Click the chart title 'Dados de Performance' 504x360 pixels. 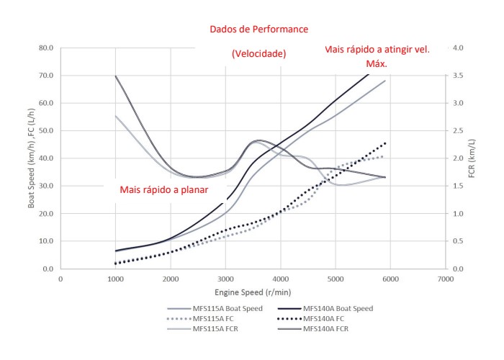[x=258, y=30]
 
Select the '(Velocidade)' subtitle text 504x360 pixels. [x=258, y=54]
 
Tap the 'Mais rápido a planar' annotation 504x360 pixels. [x=164, y=191]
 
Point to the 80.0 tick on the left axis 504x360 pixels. [x=45, y=48]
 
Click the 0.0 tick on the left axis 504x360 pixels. [x=48, y=269]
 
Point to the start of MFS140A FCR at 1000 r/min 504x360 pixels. [x=116, y=76]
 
